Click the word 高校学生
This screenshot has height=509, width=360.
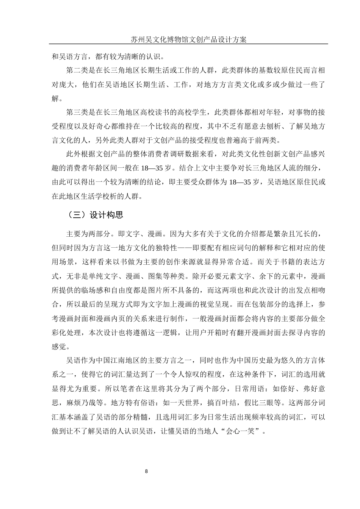(x=194, y=112)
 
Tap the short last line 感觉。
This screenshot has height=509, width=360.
(x=61, y=347)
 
